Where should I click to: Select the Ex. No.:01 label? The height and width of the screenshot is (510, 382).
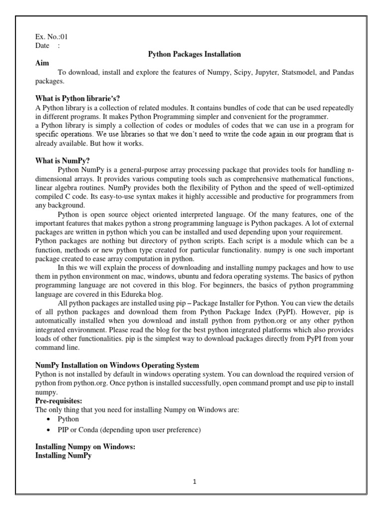pos(51,37)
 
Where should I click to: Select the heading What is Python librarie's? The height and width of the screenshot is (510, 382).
pos(78,99)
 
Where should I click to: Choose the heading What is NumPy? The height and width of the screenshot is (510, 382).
pos(63,161)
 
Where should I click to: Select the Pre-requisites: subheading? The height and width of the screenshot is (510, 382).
pos(59,400)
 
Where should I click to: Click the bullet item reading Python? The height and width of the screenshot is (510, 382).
pos(68,419)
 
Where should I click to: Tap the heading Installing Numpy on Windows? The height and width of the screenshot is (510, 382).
pos(86,447)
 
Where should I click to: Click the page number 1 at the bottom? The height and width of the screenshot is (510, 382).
pos(195,482)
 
